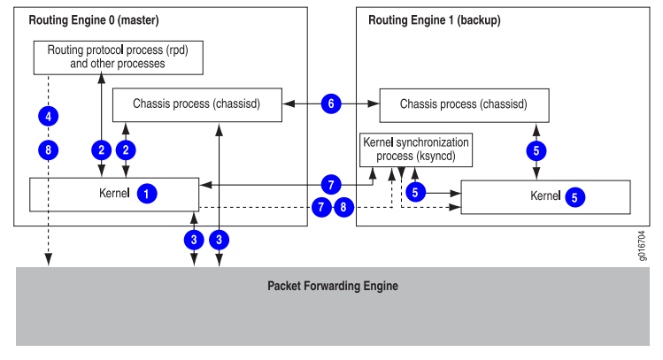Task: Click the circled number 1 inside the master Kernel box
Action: (x=148, y=193)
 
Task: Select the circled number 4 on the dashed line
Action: (x=50, y=115)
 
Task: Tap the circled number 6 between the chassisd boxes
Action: (x=331, y=104)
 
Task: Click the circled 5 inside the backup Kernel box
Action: (x=574, y=197)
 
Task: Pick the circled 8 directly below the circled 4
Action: (x=50, y=149)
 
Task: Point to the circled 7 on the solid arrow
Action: (x=330, y=185)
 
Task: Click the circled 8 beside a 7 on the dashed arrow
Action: (x=344, y=209)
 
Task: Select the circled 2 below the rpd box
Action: (x=102, y=149)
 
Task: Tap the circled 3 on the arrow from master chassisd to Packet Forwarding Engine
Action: (x=221, y=239)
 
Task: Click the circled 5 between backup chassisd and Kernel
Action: (x=535, y=150)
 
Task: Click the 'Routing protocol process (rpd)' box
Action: (x=117, y=57)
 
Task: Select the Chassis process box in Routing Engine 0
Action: (x=197, y=104)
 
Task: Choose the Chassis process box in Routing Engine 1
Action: (x=464, y=104)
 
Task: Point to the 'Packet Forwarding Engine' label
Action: (x=333, y=286)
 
